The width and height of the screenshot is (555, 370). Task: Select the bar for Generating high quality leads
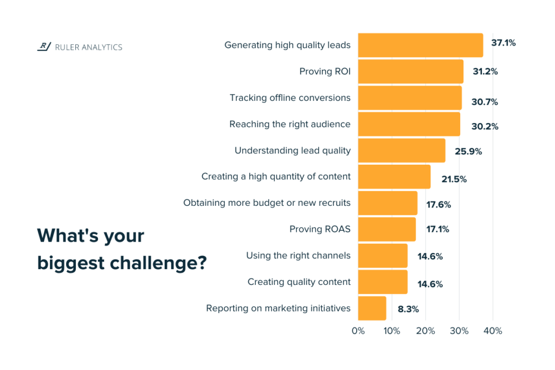click(421, 46)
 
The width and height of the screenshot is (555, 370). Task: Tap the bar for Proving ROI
click(411, 72)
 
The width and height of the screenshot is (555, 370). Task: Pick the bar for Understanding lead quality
click(402, 150)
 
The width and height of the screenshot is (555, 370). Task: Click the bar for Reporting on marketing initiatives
click(372, 308)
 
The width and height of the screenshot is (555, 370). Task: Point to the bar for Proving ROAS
click(387, 229)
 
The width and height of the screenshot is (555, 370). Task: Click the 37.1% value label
click(503, 43)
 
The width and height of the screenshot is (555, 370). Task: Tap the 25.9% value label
click(468, 152)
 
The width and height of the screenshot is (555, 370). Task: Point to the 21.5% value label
click(453, 179)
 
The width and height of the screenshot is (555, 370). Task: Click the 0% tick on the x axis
click(358, 331)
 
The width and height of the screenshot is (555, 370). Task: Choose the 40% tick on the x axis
click(493, 331)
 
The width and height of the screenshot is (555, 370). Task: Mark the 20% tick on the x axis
click(425, 331)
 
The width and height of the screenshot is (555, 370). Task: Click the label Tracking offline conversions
click(290, 98)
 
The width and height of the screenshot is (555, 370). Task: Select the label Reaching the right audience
click(290, 124)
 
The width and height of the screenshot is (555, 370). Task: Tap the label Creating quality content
click(299, 282)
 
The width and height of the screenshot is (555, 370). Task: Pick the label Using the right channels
click(298, 255)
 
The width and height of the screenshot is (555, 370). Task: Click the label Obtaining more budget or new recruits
click(267, 203)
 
